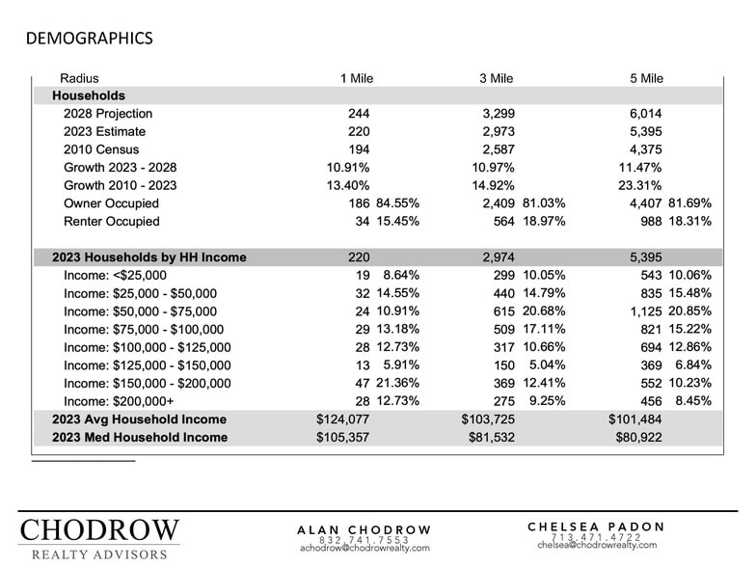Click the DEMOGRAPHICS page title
pos(89,39)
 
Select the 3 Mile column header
pos(497,78)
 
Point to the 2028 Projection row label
pos(108,114)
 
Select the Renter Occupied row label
pos(112,222)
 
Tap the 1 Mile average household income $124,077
pos(343,419)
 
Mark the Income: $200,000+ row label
pos(120,401)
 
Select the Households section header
pos(89,96)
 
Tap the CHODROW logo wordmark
pos(99,531)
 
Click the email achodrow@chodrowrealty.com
pos(364,548)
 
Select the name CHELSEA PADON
pos(597,526)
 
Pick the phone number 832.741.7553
pos(364,539)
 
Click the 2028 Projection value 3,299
pos(499,114)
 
